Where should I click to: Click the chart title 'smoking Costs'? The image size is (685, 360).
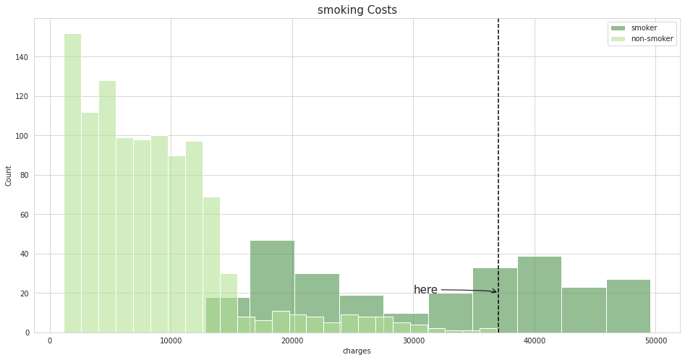coord(357,10)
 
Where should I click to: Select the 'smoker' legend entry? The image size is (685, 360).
coord(644,28)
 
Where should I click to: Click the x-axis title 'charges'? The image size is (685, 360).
coord(357,351)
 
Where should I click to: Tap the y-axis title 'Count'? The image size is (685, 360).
coord(9,175)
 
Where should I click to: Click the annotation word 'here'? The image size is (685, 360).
coord(425,290)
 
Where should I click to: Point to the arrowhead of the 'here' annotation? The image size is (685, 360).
coord(495,291)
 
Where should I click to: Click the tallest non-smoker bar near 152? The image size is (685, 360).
coord(72,181)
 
